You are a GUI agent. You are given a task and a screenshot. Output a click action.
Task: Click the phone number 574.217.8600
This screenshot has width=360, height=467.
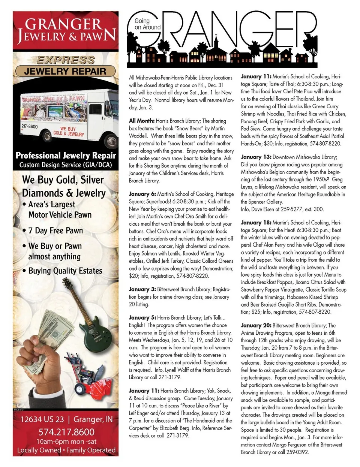point(66,432)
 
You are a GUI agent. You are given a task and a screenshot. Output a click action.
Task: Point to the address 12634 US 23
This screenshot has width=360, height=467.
point(42,419)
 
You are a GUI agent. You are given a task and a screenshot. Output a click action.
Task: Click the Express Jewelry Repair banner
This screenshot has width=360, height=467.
point(65,66)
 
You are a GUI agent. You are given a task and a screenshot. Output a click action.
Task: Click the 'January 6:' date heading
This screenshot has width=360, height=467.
point(142,194)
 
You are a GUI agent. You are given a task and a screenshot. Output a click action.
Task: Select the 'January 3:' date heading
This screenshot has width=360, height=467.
point(142,289)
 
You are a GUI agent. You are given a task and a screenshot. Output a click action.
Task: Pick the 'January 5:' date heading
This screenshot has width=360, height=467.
point(142,318)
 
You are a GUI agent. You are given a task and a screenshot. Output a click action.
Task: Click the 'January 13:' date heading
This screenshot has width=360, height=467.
point(256,157)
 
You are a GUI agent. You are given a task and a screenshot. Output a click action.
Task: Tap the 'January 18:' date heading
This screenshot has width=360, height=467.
point(256,223)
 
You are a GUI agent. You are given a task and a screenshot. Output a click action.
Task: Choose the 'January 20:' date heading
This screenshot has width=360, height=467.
point(256,325)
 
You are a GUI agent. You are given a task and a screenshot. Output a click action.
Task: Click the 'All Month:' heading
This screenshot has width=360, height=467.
point(142,121)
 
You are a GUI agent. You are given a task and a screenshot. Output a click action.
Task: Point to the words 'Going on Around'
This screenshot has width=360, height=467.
point(147,24)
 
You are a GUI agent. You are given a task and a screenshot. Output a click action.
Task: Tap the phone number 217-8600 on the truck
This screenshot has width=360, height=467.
point(30,126)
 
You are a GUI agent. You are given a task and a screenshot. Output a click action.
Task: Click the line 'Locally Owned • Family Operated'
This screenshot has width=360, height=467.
point(66,450)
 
